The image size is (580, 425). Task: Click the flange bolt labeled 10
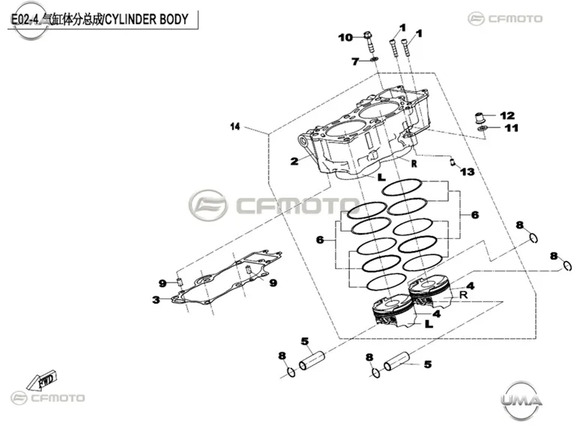[369, 43]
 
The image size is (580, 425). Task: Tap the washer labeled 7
[375, 59]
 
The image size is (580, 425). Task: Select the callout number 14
[235, 127]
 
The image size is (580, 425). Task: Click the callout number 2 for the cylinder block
[294, 161]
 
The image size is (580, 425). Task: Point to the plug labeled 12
[480, 118]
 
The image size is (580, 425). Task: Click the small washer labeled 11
[482, 128]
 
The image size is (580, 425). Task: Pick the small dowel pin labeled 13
[453, 162]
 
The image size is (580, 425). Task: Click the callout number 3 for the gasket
[156, 300]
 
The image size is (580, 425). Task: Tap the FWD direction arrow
[42, 379]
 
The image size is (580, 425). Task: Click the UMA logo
[522, 400]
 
